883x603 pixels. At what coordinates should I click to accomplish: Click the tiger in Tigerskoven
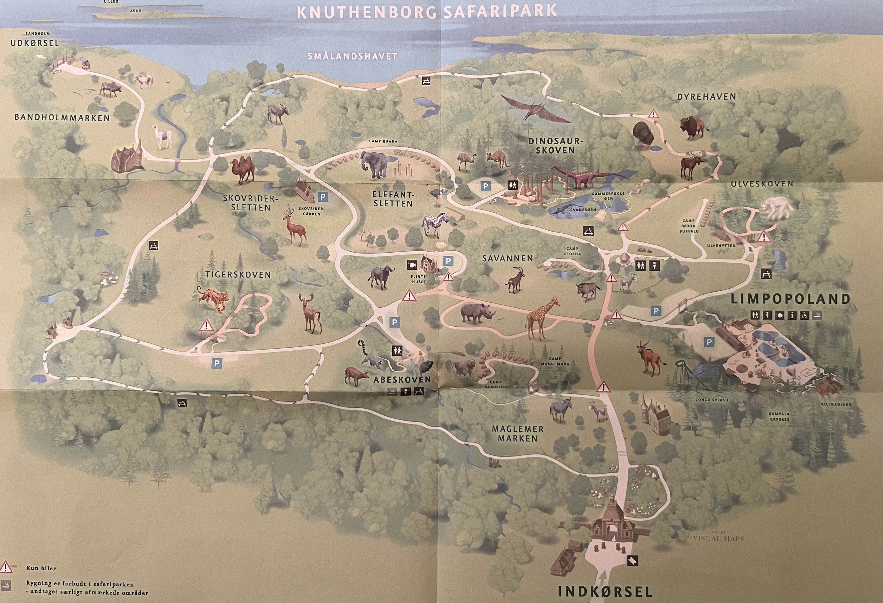click(213, 299)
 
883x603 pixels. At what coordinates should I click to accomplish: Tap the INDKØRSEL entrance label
click(605, 591)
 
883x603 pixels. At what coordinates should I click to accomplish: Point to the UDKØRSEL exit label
click(35, 43)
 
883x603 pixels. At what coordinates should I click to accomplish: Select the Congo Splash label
click(712, 400)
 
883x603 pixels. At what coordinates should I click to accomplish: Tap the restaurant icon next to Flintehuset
click(412, 263)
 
